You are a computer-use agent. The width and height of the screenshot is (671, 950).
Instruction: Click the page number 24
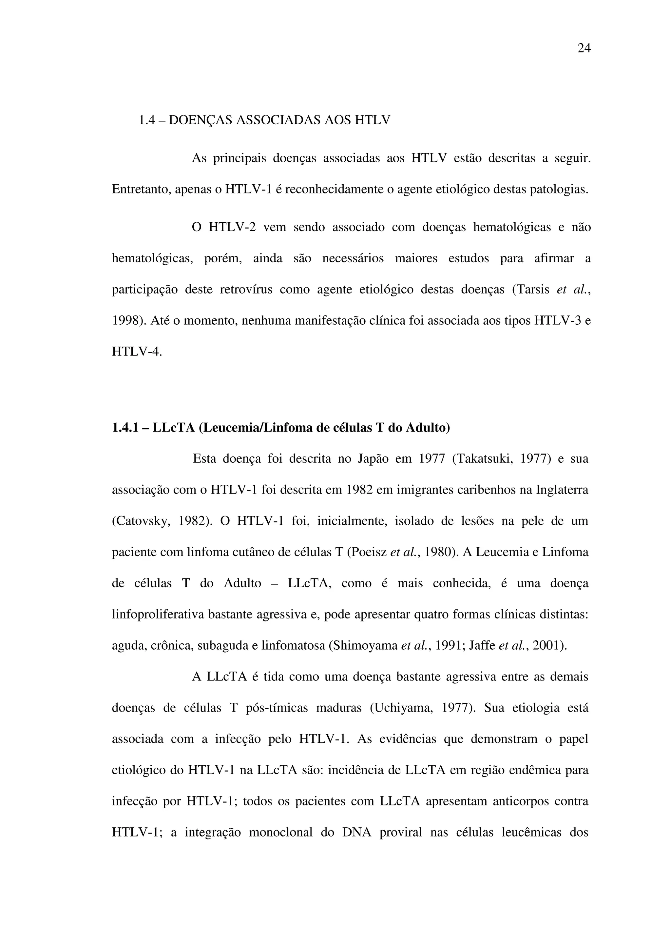click(x=584, y=49)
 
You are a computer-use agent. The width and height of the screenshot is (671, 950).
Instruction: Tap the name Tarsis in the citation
click(x=533, y=289)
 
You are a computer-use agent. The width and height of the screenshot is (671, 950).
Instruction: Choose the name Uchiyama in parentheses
click(x=401, y=708)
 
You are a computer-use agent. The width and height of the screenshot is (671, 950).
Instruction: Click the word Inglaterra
click(x=562, y=490)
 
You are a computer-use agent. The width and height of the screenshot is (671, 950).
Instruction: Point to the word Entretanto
click(x=140, y=190)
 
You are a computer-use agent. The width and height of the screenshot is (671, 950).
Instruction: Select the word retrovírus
click(x=246, y=289)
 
